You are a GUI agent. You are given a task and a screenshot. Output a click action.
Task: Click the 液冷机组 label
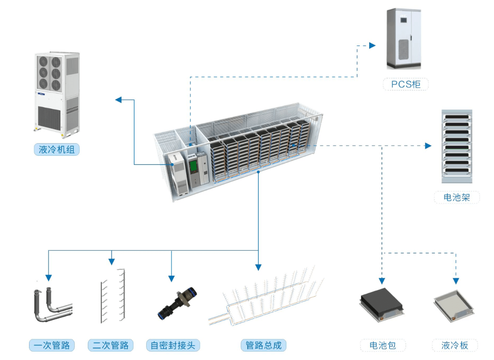(x=56, y=150)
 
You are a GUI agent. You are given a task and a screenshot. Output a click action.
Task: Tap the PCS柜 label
(x=405, y=84)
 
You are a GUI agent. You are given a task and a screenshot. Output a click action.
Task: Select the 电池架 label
(x=456, y=198)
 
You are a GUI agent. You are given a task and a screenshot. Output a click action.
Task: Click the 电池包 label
(x=383, y=345)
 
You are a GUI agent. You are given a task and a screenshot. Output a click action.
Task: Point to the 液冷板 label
(x=455, y=345)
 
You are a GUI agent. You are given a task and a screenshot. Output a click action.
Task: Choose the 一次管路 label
(x=52, y=345)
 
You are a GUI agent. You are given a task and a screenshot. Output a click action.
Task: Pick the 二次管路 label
(x=111, y=345)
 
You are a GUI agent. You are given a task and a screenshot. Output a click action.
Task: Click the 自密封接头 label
(x=173, y=345)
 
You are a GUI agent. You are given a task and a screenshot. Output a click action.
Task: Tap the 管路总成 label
(x=263, y=345)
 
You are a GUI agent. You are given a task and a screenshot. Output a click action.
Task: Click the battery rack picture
(x=456, y=146)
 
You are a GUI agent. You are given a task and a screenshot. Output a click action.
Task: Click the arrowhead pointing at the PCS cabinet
(x=372, y=45)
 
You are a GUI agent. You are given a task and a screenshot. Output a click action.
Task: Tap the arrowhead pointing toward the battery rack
(x=428, y=146)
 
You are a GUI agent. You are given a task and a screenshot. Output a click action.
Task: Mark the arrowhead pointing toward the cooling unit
(x=118, y=99)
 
